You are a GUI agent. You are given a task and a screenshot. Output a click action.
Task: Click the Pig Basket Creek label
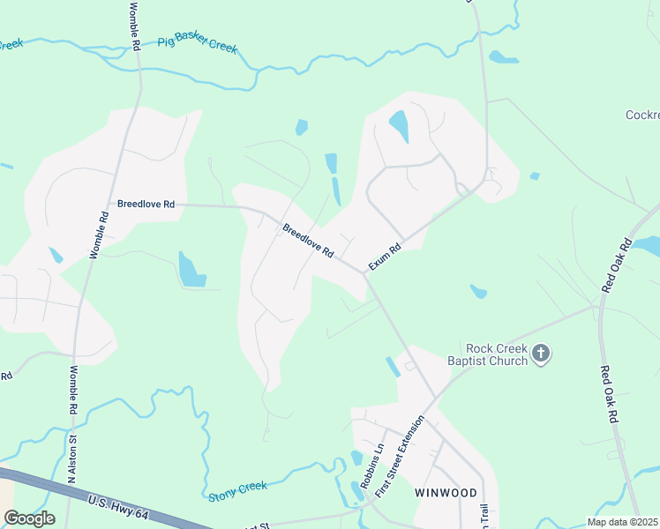[198, 44]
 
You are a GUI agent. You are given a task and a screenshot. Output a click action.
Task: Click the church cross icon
[542, 354]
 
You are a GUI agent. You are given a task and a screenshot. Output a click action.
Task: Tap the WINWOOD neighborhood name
[446, 493]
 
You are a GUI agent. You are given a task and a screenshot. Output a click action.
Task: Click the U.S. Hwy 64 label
[124, 510]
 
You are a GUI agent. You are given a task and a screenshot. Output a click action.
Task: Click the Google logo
[29, 518]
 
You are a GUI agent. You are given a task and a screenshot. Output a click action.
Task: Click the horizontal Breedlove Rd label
[146, 204]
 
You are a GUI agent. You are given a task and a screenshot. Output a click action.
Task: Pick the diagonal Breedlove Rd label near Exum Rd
[308, 241]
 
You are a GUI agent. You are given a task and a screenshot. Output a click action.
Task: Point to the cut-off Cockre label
[641, 115]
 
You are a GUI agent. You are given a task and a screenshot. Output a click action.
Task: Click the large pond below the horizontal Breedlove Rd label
[191, 270]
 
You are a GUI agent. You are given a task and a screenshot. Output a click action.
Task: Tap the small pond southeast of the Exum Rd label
[478, 291]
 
